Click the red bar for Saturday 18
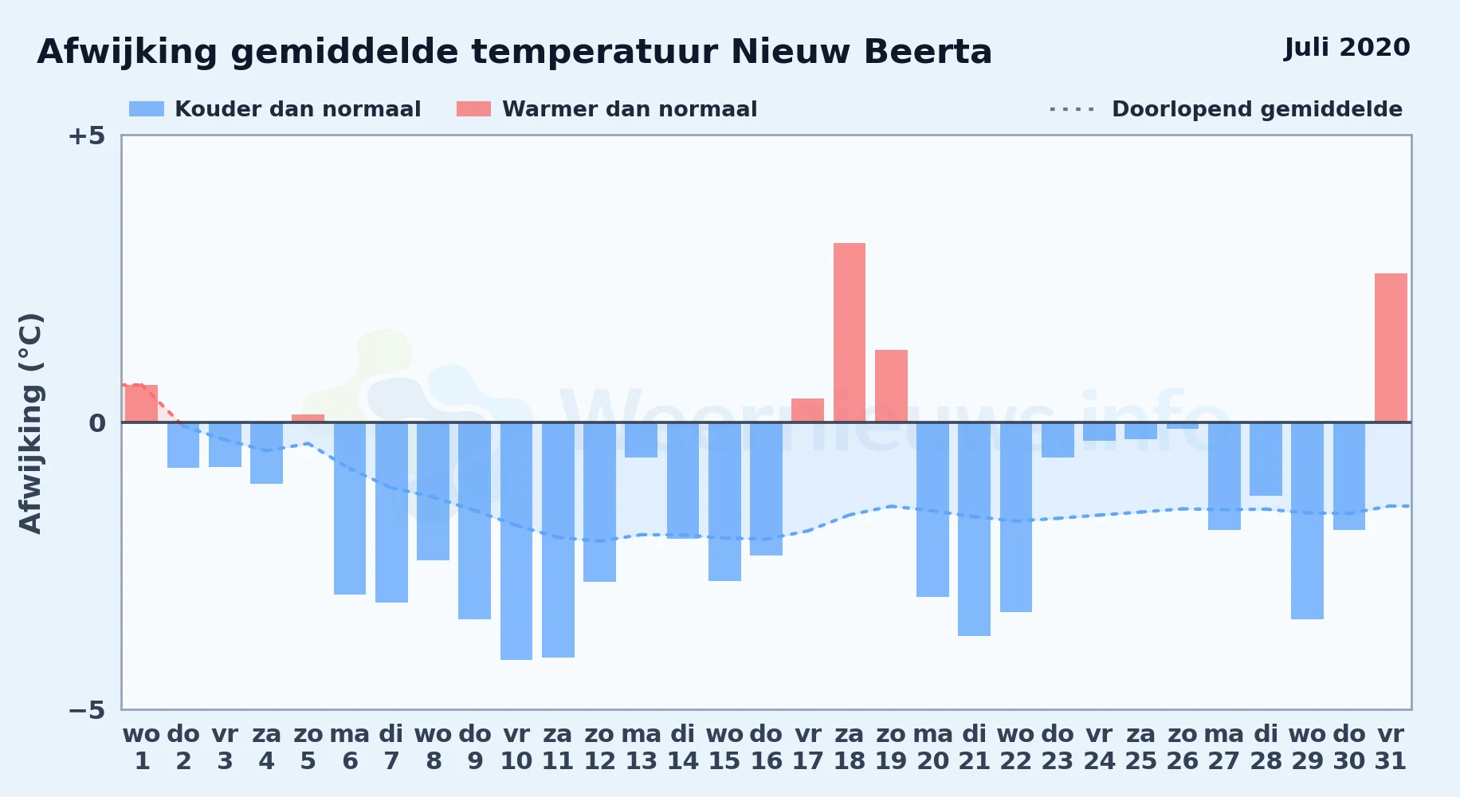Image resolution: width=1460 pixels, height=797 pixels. (850, 332)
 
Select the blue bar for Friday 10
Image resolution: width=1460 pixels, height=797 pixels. (516, 541)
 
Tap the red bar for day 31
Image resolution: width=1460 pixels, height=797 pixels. (1391, 347)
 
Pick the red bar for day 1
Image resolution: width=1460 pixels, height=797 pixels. (142, 403)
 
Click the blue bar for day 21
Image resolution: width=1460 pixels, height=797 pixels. (974, 529)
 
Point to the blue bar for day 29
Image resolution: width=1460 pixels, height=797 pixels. (1307, 520)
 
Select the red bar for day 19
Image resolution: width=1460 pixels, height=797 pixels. (891, 386)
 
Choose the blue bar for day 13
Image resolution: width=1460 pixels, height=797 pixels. (641, 440)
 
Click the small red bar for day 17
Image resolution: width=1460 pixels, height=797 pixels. (807, 410)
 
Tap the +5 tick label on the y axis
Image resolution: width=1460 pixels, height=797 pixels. (86, 135)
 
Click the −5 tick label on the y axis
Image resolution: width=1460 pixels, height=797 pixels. (86, 709)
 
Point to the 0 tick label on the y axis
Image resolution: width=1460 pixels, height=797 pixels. (97, 422)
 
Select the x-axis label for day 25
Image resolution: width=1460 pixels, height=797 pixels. (1140, 748)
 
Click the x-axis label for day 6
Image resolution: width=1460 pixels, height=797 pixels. (350, 748)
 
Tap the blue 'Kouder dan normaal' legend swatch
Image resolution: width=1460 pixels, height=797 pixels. (147, 109)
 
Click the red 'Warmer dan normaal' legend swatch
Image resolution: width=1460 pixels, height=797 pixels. (473, 109)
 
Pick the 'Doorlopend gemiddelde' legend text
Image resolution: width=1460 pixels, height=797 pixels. (1257, 109)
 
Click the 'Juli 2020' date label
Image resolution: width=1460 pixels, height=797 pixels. (1347, 48)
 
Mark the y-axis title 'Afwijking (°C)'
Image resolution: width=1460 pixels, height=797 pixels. (30, 423)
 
